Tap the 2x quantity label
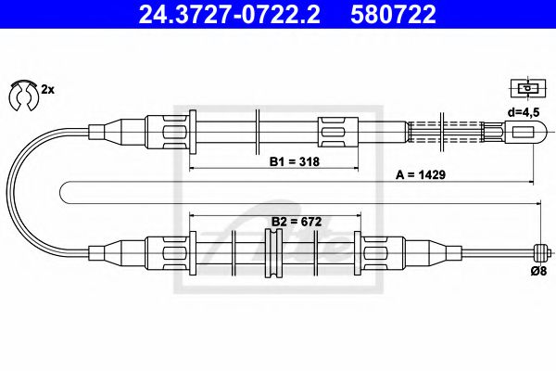47,89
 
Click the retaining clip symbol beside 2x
20,93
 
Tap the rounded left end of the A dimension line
63,192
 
